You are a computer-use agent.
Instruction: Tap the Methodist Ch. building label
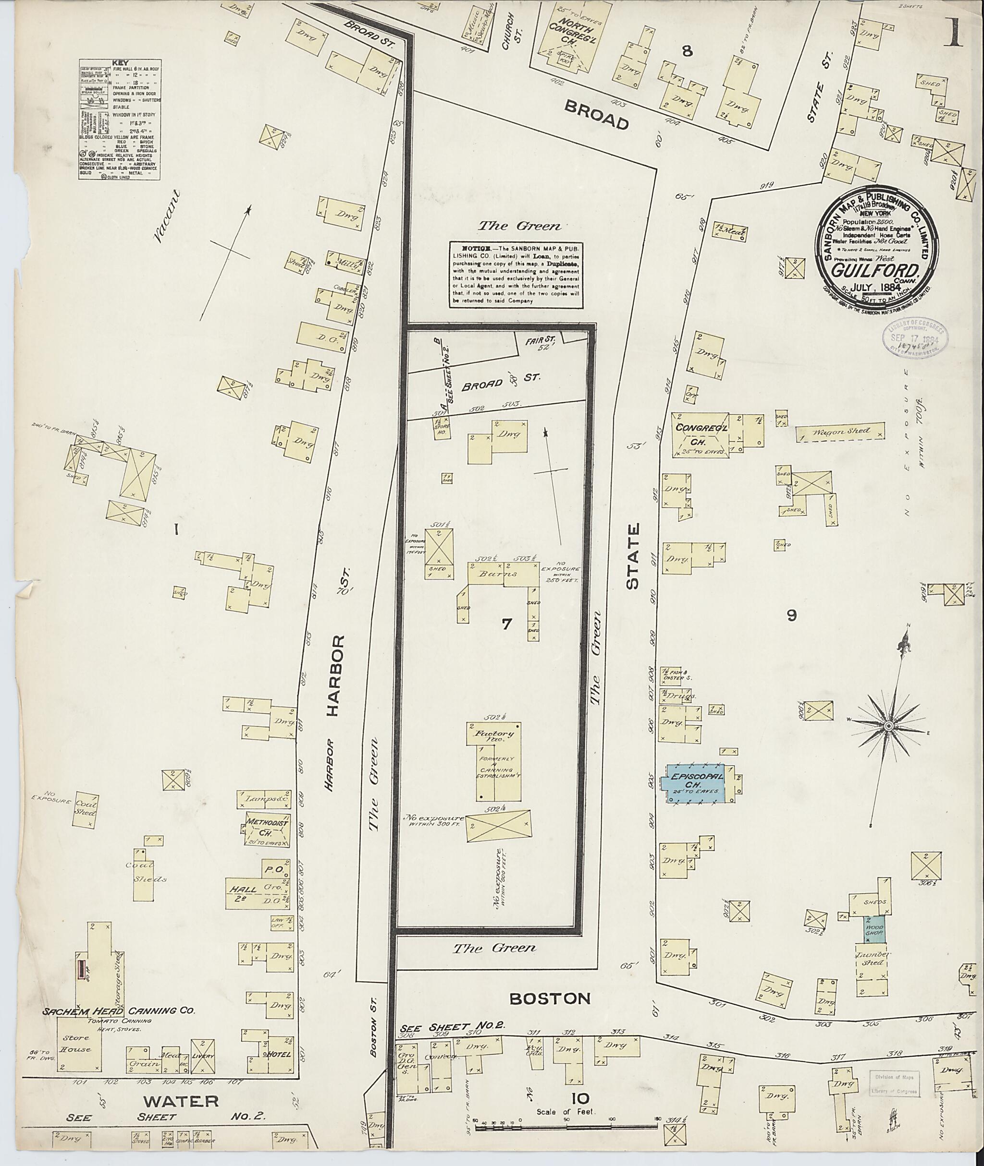(x=267, y=827)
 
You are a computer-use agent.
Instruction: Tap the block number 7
(x=506, y=624)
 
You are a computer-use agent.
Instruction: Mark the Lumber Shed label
(x=870, y=959)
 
